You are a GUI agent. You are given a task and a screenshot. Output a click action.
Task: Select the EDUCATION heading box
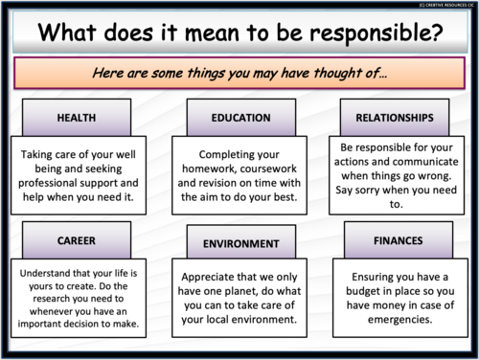(239, 119)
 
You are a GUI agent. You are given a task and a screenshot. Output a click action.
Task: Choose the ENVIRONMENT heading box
(239, 243)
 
